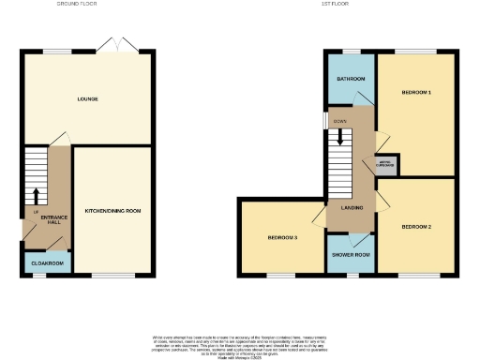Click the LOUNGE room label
(88, 98)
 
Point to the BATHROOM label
(351, 79)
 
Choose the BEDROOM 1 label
(416, 93)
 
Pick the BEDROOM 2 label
(416, 228)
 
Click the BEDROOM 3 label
(282, 238)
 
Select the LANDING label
(352, 208)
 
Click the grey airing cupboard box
(386, 164)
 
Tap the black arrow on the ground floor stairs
(37, 196)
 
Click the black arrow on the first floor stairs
(339, 139)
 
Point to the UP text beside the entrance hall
(35, 211)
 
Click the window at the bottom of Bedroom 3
(281, 275)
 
